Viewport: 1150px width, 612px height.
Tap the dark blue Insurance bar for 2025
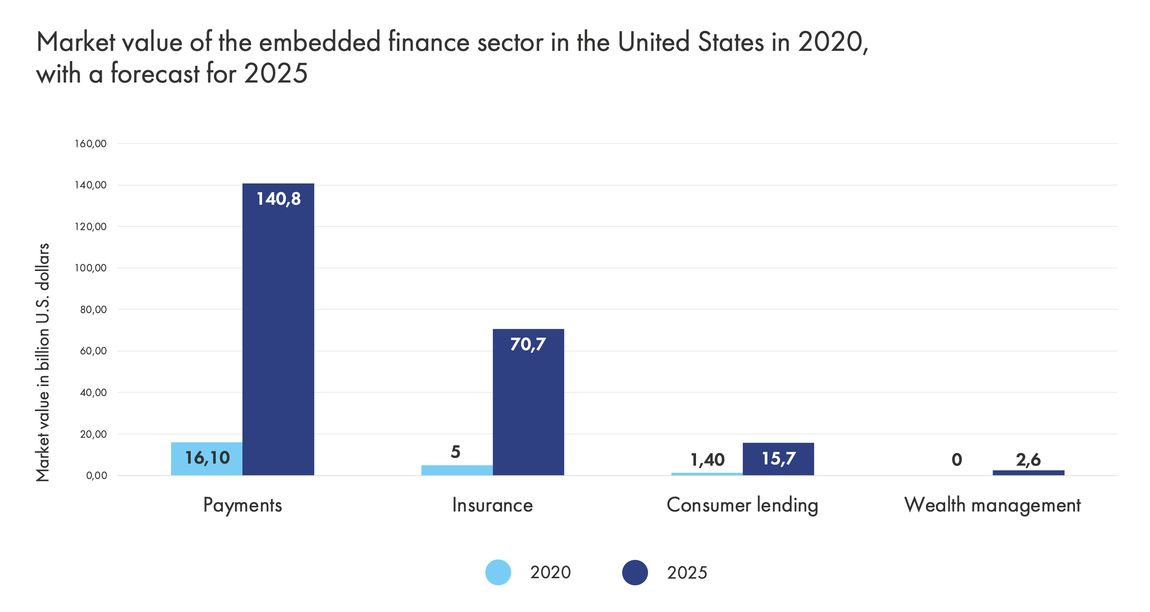point(528,401)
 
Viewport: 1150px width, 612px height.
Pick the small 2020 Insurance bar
point(456,470)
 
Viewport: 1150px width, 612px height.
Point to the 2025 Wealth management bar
point(1028,472)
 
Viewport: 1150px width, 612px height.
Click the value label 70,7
point(528,344)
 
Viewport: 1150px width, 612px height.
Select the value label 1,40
point(707,459)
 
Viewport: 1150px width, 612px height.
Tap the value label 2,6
point(1028,459)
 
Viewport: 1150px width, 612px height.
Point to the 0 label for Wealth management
point(957,459)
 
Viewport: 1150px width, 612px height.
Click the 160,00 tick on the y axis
point(91,144)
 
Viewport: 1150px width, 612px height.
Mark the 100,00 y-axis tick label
point(91,268)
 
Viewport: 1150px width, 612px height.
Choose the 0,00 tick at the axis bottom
point(96,476)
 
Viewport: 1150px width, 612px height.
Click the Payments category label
point(242,505)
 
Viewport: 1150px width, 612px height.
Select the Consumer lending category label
point(742,505)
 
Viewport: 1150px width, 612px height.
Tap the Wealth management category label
point(992,505)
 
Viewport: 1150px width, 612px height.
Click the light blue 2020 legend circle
point(498,572)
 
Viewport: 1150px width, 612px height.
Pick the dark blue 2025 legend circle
point(634,572)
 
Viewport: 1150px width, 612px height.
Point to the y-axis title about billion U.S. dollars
point(43,362)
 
